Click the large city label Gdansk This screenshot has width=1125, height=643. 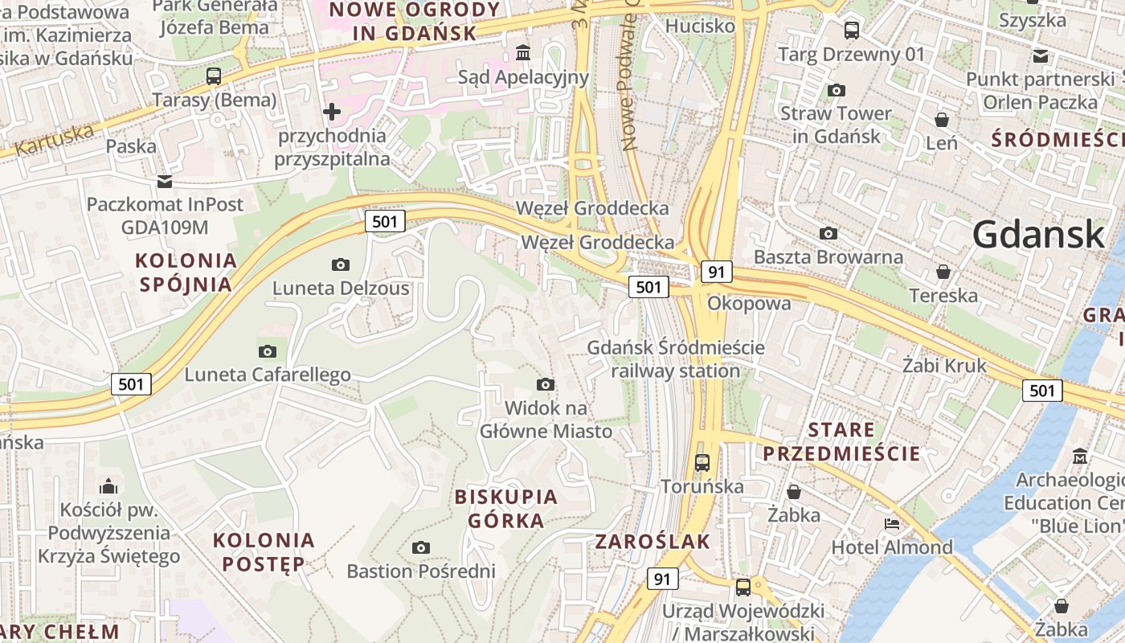1038,234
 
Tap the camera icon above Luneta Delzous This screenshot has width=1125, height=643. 341,264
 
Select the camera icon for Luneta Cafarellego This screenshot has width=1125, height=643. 268,351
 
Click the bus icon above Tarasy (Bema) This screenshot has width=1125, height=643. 214,76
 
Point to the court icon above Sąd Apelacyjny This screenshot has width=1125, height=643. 524,53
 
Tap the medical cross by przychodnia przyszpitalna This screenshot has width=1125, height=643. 332,111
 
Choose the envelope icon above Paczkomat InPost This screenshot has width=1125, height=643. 165,181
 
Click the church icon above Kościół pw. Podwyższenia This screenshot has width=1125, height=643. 108,486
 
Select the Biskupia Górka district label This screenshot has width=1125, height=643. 506,508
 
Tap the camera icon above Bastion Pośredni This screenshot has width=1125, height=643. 420,547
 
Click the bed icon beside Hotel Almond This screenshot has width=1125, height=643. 891,524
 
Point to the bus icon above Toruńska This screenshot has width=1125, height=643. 702,462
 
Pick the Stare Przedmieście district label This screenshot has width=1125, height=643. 841,441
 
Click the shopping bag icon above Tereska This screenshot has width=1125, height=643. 943,272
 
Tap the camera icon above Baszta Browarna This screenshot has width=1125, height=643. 828,233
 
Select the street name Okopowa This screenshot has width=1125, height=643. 749,303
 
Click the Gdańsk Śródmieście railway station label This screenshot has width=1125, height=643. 676,359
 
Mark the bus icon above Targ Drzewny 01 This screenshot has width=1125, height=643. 852,31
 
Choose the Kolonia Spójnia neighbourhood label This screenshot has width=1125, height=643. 186,272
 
